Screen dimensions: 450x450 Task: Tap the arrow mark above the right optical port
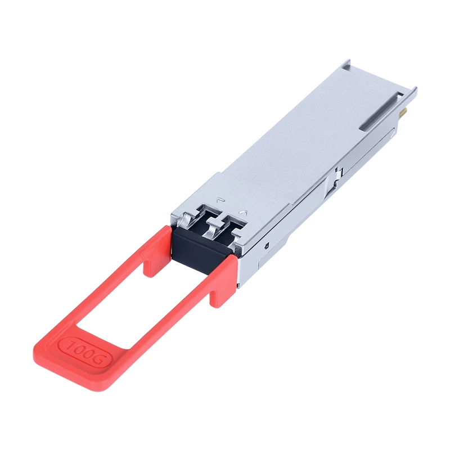pos(244,212)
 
